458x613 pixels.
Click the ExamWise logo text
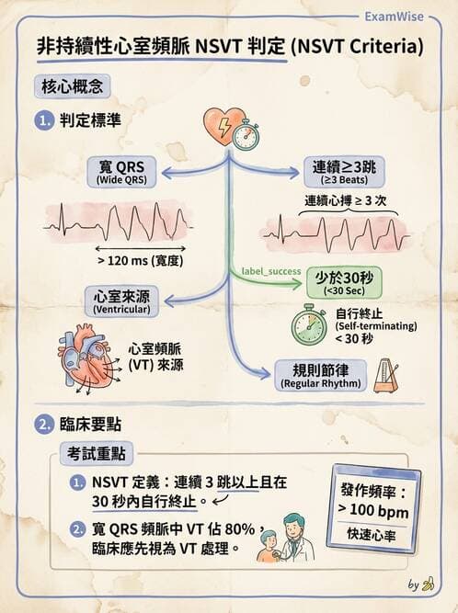point(394,17)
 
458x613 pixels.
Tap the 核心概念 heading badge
point(73,86)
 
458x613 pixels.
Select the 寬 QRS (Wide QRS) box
point(121,172)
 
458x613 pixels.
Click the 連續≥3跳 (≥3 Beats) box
point(344,172)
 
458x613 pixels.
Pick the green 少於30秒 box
point(344,283)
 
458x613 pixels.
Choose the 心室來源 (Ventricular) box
point(121,301)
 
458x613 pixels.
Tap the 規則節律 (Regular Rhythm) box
point(321,376)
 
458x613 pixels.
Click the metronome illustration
point(386,376)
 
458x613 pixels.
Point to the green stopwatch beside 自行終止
point(309,324)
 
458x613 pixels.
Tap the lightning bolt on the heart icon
point(224,126)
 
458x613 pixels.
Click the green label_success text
point(271,271)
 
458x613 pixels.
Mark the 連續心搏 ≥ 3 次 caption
point(346,200)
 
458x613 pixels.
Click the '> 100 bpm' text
point(373,510)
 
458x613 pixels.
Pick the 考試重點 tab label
point(96,453)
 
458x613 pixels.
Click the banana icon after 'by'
point(429,584)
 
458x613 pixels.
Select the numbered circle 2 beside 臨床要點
point(44,425)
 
